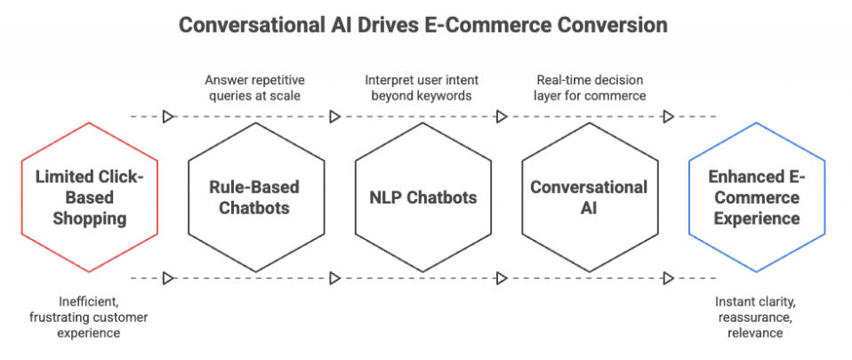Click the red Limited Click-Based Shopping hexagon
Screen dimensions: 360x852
point(89,196)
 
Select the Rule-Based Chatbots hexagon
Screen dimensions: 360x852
point(254,196)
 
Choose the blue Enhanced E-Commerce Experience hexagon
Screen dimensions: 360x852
point(757,196)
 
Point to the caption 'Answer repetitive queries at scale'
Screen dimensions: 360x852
point(255,87)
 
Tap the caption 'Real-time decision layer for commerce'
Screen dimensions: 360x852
point(590,87)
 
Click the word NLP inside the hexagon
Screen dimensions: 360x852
point(383,197)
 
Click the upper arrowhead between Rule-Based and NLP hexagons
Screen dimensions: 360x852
point(336,116)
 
